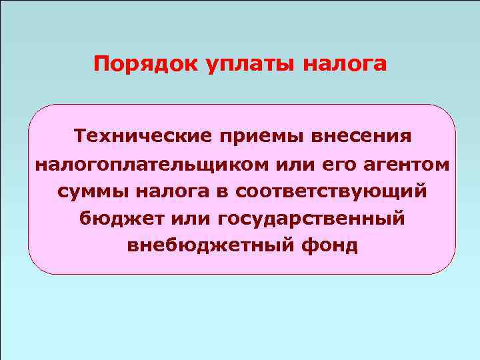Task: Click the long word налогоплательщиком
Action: (133, 164)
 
